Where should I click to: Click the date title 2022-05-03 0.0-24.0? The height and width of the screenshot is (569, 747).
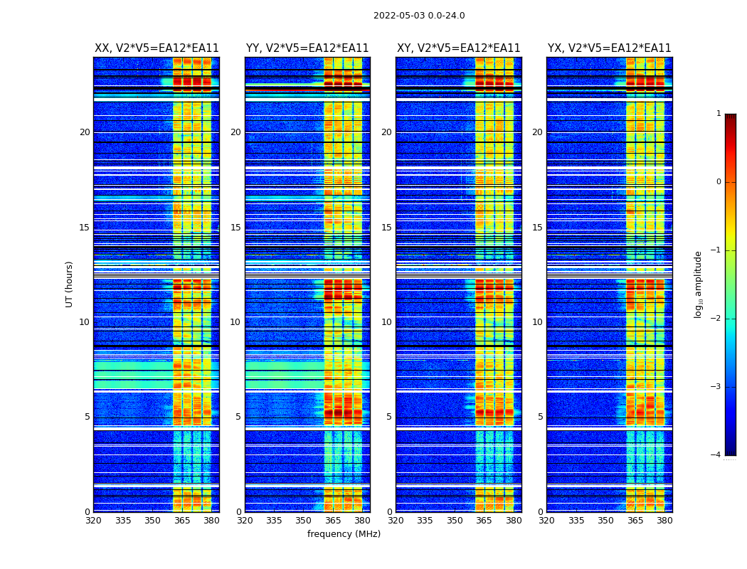tap(419, 16)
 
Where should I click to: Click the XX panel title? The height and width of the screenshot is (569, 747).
tap(157, 48)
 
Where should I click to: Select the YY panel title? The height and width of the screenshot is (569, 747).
tap(307, 48)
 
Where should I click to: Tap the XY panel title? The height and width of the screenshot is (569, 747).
tap(458, 48)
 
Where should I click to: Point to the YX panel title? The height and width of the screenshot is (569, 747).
tap(609, 48)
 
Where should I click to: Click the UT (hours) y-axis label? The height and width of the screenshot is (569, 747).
tap(70, 284)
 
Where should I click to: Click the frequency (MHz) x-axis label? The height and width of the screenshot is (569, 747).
tap(344, 534)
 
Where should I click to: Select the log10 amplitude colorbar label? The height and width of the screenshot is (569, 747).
tap(699, 284)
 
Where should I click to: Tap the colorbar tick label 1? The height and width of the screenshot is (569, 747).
tap(719, 114)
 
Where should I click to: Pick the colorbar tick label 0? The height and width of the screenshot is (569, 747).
tap(719, 182)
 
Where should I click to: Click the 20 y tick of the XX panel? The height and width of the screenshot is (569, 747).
tap(85, 132)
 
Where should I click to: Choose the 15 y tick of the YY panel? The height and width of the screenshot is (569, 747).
tap(235, 228)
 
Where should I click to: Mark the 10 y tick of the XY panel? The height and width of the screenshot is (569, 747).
tap(386, 322)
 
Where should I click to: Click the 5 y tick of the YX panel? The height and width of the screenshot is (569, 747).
tap(540, 417)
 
